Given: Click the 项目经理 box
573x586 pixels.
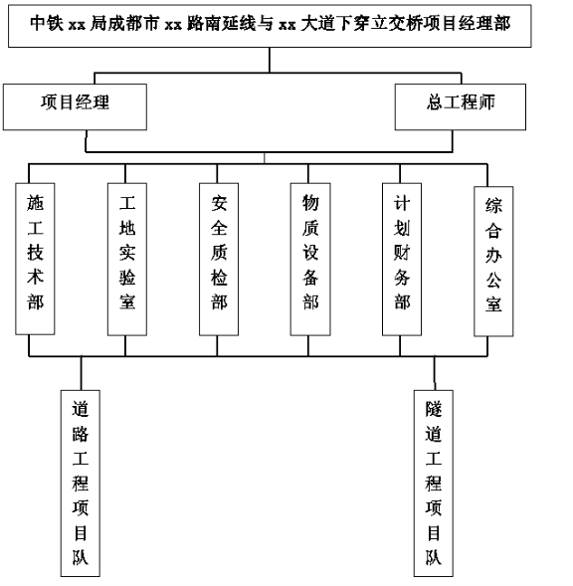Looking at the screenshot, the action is tap(75, 106).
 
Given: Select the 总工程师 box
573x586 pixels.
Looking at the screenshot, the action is tap(461, 106).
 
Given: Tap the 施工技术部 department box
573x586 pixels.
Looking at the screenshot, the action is tap(35, 259).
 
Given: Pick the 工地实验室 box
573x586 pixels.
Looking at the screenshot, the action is tap(127, 259).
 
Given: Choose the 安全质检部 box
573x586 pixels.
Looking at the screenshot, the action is tap(219, 259).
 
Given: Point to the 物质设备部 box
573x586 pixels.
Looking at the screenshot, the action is tap(310, 259).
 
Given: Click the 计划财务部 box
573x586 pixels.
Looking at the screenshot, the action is tap(402, 259).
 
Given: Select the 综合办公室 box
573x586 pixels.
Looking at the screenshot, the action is tap(493, 262).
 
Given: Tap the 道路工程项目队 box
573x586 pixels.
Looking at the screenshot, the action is tap(81, 484).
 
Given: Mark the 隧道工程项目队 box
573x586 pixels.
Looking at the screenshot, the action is tap(433, 484).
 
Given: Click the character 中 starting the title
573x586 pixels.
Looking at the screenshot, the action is tap(39, 23).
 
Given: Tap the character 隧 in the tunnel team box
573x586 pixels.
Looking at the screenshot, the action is tap(433, 409).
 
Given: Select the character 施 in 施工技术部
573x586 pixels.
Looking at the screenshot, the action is tap(35, 203).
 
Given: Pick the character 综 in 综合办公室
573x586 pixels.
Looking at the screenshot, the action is tap(493, 206).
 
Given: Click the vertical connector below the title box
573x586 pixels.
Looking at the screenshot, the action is tap(270, 60).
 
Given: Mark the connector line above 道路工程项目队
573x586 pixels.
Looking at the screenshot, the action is tap(82, 373).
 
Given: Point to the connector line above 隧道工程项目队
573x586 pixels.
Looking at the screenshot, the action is tap(435, 373).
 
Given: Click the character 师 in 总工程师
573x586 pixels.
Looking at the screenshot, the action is tap(486, 102).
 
